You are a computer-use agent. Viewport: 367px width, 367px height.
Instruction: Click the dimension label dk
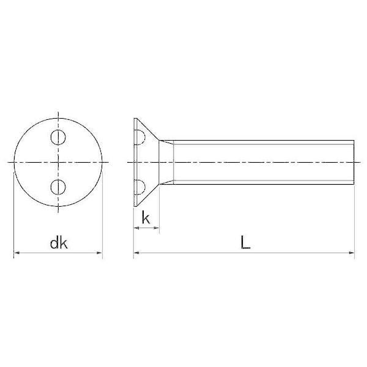[x=59, y=243]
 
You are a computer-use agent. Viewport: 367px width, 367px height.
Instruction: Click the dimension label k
[x=146, y=218]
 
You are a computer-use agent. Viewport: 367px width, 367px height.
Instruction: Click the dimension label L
[x=245, y=243]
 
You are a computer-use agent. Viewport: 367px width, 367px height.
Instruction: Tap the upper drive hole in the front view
[x=58, y=137]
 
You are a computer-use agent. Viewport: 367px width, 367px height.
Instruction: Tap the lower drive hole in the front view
[x=58, y=187]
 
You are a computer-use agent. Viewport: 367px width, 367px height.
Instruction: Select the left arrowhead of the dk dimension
[x=17, y=253]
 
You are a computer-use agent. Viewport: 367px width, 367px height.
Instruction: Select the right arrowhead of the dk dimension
[x=100, y=253]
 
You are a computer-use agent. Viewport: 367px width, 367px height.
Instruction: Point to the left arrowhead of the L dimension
[x=136, y=253]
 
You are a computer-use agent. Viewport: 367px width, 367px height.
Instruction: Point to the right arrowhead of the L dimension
[x=352, y=253]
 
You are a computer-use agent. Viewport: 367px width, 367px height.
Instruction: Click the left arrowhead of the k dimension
[x=136, y=228]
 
